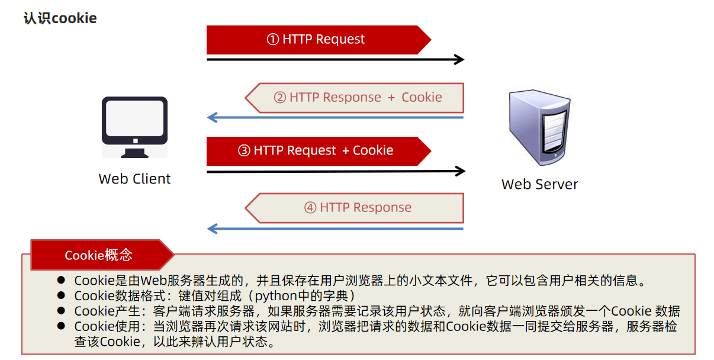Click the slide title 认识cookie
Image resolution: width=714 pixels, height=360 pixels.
pyautogui.click(x=60, y=18)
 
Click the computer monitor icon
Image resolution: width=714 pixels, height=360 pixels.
pyautogui.click(x=134, y=126)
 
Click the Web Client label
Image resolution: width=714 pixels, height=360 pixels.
pyautogui.click(x=134, y=179)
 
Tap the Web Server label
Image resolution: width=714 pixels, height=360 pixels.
pyautogui.click(x=539, y=184)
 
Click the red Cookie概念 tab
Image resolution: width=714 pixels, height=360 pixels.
pyautogui.click(x=98, y=255)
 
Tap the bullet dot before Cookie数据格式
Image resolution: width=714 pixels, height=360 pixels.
pyautogui.click(x=60, y=295)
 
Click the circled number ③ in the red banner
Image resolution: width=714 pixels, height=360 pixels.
pyautogui.click(x=244, y=150)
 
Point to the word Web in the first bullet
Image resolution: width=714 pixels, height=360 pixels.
pyautogui.click(x=152, y=281)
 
